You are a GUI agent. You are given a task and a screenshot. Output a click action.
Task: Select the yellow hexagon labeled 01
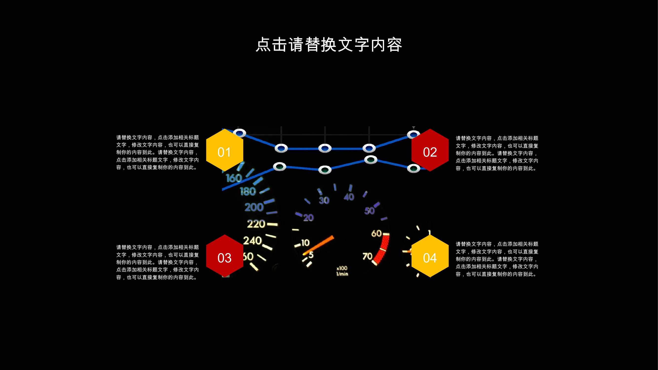coord(225,150)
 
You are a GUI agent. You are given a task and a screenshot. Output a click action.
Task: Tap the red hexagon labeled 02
coord(430,150)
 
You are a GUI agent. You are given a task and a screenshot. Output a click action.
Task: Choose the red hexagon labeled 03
coord(225,256)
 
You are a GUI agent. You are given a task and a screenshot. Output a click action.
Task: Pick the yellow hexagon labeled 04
coord(430,256)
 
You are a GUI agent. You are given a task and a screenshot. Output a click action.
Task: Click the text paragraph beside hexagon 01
coord(157,152)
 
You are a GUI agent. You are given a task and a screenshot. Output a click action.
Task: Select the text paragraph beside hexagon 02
coord(497,153)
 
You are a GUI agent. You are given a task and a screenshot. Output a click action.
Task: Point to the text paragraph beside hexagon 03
coord(157,262)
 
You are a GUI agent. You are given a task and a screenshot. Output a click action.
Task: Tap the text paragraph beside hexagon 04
coord(497,259)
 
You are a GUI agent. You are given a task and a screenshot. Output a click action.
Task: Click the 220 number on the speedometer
coord(256,224)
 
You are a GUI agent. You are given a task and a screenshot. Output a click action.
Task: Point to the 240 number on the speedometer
coord(252,240)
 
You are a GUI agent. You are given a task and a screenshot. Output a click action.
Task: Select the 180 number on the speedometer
coord(248,191)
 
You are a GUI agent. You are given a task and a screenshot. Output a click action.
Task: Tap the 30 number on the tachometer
coord(324,201)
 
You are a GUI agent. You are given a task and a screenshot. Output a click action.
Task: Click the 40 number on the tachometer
coord(349,197)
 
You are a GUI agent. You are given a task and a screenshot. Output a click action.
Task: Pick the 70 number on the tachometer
coord(368,256)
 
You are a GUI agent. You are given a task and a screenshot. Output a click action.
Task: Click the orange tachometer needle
coord(318,245)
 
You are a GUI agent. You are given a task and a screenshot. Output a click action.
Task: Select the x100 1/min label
coord(342,271)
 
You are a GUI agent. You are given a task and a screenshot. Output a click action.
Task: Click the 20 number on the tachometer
coord(308,218)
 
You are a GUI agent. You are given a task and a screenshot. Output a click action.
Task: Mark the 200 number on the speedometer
coord(254,207)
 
